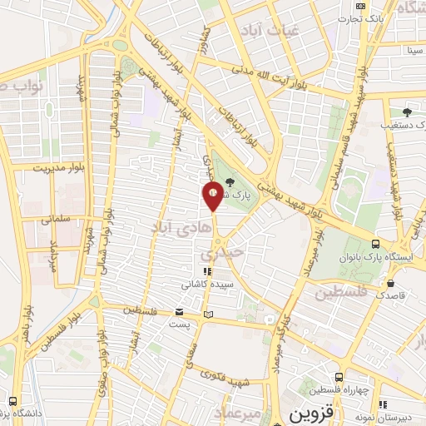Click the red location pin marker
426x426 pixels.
point(213,197)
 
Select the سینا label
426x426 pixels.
point(391,50)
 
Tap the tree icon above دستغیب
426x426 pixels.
point(407,111)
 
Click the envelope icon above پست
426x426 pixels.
point(179,313)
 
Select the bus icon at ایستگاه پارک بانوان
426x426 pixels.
point(375,244)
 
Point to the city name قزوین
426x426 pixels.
point(310,413)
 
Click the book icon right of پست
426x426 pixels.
point(209,314)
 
